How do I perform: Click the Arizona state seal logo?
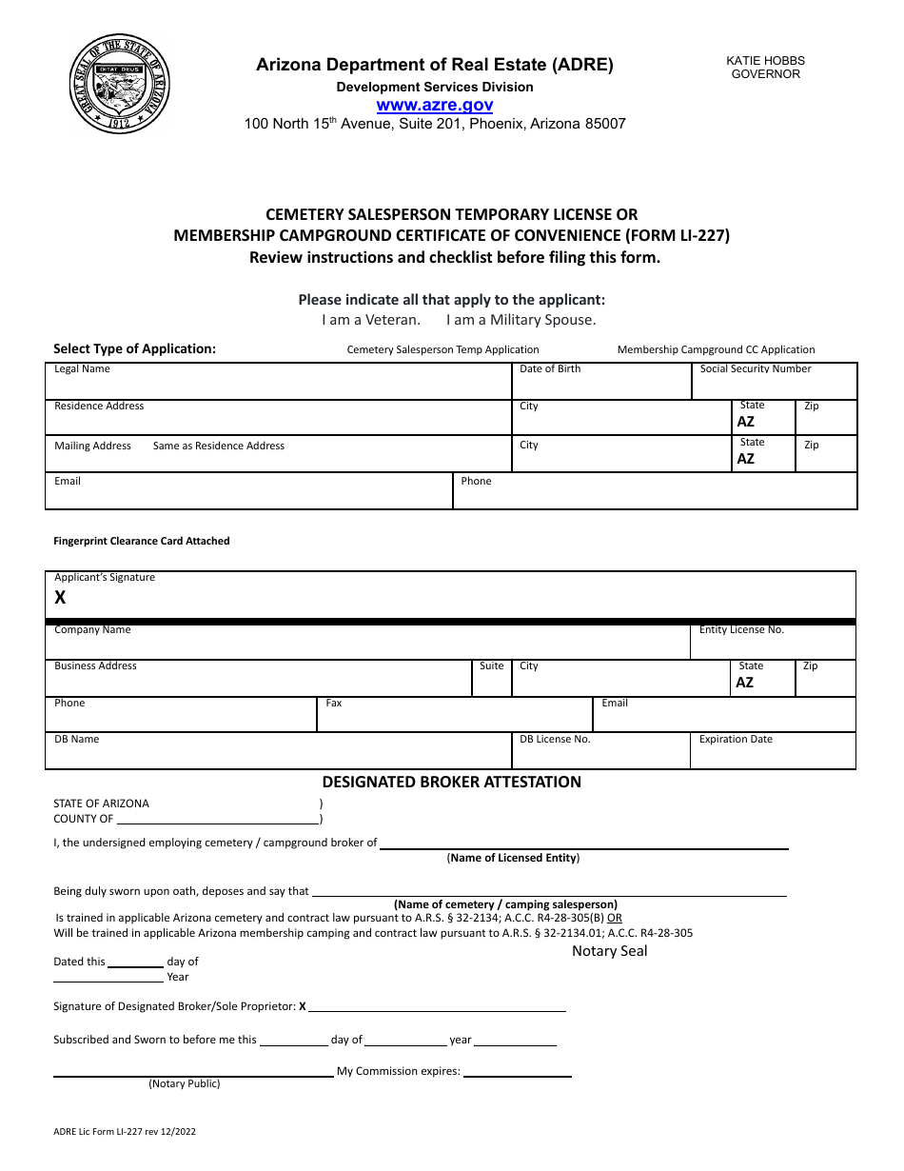click(x=120, y=84)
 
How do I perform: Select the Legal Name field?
click(x=278, y=385)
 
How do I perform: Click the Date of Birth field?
click(x=600, y=385)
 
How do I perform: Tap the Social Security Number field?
click(x=774, y=385)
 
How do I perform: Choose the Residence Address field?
click(x=278, y=421)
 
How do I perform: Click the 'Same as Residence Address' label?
click(x=218, y=446)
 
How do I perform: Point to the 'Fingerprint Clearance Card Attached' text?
click(x=142, y=541)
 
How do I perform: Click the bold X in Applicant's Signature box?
click(x=60, y=598)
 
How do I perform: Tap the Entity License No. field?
click(x=773, y=645)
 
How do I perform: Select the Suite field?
click(x=492, y=681)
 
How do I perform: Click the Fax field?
click(x=454, y=717)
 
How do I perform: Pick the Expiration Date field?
click(x=773, y=754)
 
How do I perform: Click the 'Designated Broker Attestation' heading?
click(x=451, y=782)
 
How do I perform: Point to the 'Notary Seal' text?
click(x=609, y=951)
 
